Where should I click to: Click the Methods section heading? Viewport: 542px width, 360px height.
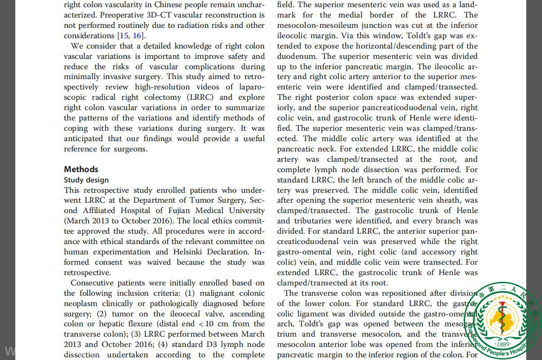pos(81,169)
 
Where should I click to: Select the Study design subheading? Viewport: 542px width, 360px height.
pos(86,180)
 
